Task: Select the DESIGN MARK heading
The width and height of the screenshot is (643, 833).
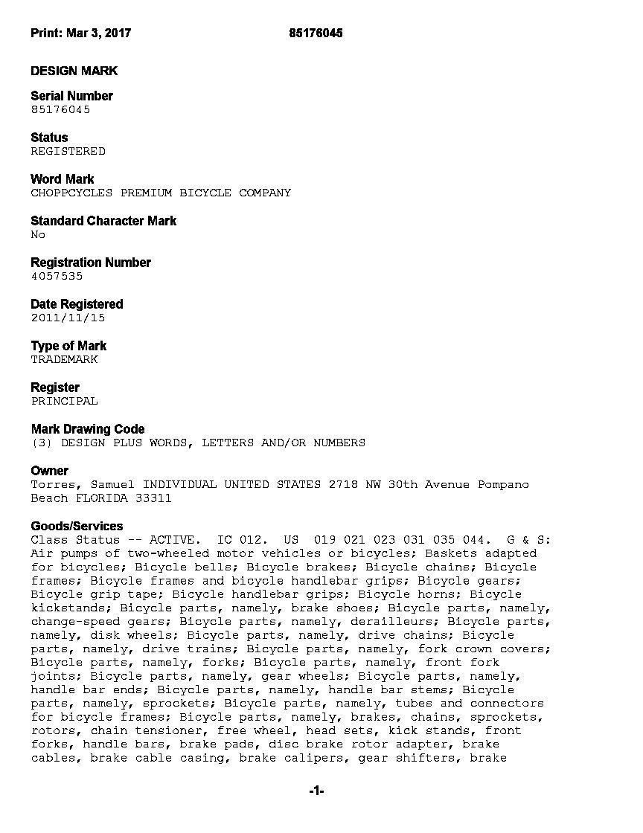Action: pos(74,71)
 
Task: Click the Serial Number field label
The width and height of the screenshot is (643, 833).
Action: pos(71,96)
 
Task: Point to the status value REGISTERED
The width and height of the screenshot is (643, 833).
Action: pos(68,151)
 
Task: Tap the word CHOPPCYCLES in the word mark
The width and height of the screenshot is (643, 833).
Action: pos(71,193)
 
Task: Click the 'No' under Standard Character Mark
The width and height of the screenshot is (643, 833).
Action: pos(38,234)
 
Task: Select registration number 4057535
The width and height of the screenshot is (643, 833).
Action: pos(57,276)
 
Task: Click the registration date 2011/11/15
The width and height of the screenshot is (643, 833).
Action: pos(68,318)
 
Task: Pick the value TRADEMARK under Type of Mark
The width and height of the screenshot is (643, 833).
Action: pos(64,359)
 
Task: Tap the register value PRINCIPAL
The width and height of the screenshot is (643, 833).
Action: pos(64,401)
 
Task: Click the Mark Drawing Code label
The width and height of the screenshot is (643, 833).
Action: pos(88,429)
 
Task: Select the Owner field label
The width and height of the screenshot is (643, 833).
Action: pos(49,471)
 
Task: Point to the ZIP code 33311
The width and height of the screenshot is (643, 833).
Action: pos(153,498)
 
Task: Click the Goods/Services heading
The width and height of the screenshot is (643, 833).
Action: pos(77,526)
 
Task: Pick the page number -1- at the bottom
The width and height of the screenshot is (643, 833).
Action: pos(317,791)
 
